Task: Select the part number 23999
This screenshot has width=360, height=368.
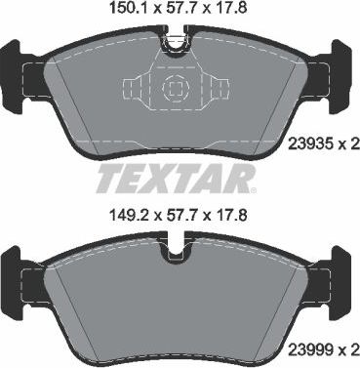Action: click(310, 347)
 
